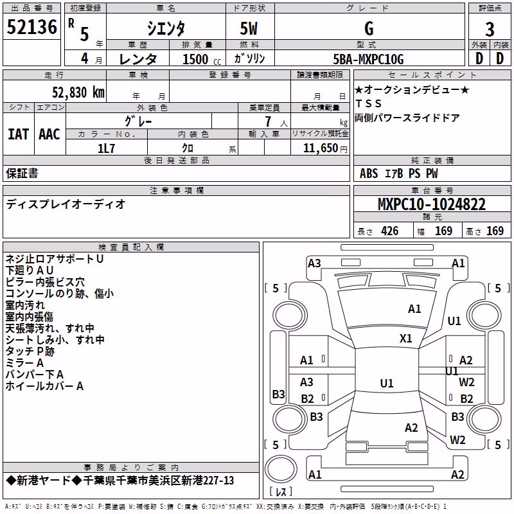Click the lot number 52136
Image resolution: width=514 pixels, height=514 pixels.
[x=31, y=27]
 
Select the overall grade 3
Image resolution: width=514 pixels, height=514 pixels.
[x=490, y=29]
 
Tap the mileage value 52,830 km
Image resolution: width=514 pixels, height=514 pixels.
[x=78, y=93]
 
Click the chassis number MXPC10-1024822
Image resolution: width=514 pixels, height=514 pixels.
[x=431, y=204]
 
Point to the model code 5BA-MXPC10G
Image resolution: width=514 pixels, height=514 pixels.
[x=368, y=59]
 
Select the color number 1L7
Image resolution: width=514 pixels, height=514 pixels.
[x=106, y=148]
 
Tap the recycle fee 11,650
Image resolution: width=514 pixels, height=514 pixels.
[x=321, y=148]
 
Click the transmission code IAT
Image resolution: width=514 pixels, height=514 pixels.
[x=18, y=134]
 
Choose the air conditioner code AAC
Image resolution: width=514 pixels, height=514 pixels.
[x=49, y=134]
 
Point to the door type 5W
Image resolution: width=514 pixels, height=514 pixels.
[x=249, y=29]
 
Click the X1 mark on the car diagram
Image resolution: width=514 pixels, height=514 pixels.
[x=406, y=339]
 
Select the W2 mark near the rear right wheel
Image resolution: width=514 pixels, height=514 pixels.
[x=457, y=439]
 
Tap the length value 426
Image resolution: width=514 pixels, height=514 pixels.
[x=390, y=231]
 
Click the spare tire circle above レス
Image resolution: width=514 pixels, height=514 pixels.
[x=281, y=469]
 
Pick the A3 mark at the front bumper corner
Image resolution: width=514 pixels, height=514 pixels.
[x=314, y=263]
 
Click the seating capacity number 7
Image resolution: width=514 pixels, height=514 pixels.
[x=268, y=121]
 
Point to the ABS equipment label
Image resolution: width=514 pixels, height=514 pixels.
[x=369, y=173]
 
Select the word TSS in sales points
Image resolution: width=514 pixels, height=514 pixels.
[x=368, y=103]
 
